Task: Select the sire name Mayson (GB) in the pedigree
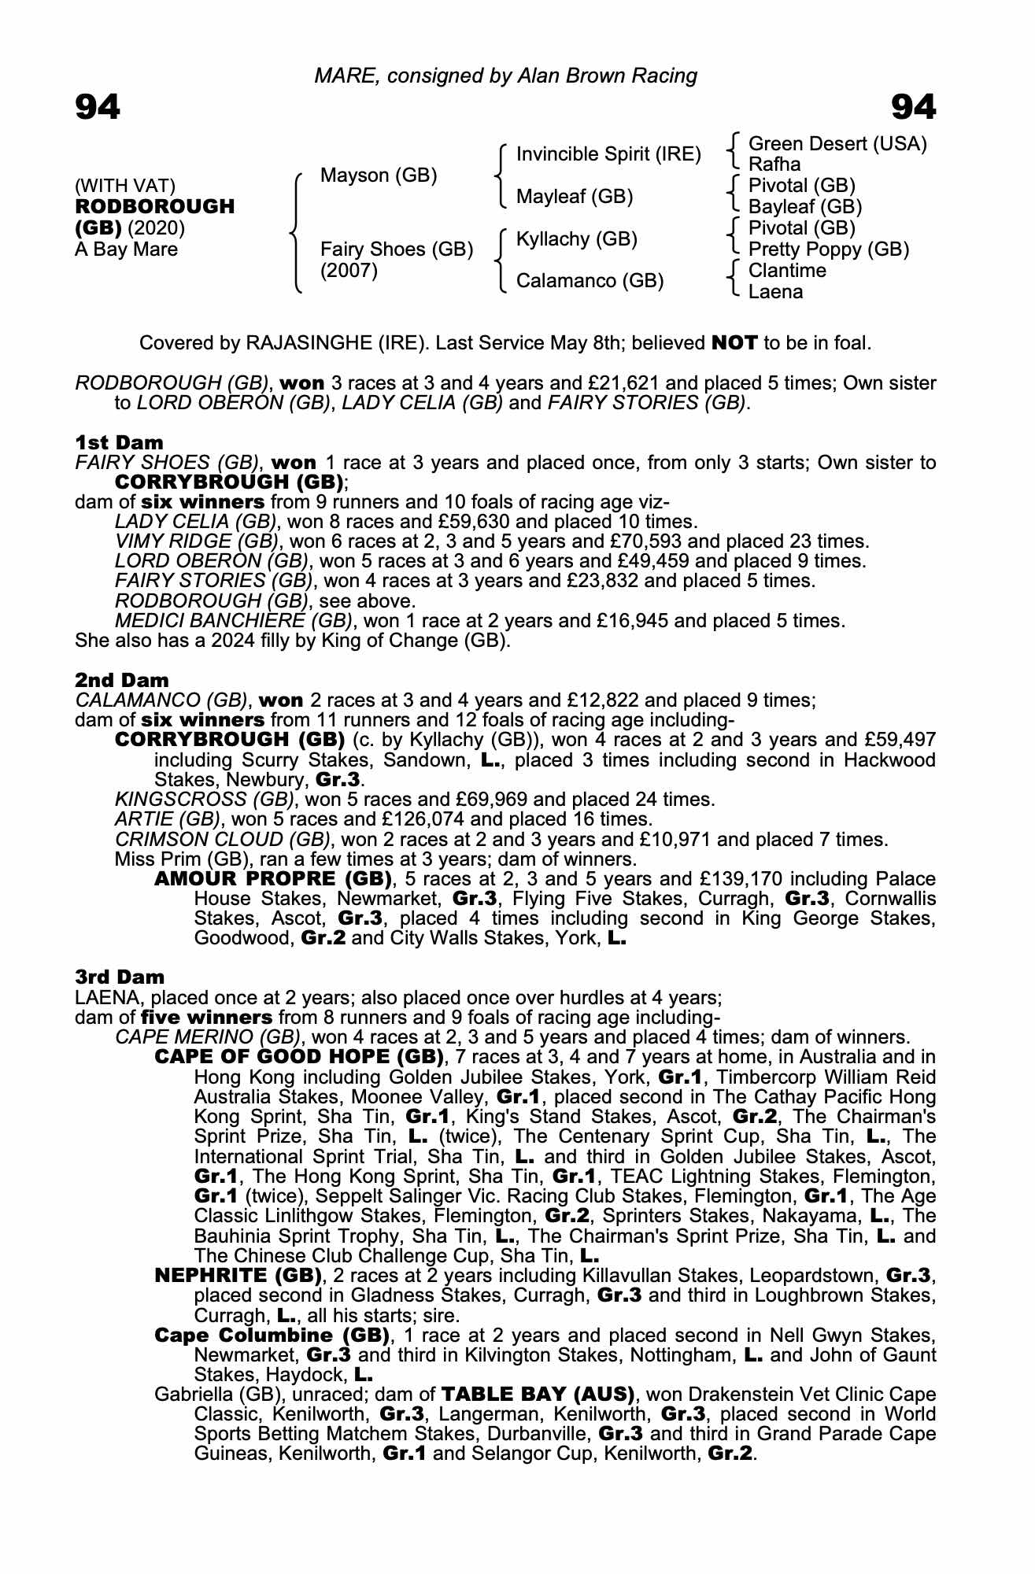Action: click(379, 175)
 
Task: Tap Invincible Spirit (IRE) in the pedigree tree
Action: click(608, 154)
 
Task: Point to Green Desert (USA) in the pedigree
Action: click(837, 144)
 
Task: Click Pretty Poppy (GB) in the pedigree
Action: click(828, 249)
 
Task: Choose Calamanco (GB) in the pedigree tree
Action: click(590, 281)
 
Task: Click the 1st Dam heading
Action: click(120, 442)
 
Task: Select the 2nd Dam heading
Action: click(122, 680)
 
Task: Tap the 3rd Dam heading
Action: click(120, 977)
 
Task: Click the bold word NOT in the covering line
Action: click(734, 343)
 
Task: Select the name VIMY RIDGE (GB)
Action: click(196, 541)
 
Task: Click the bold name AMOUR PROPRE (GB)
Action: click(272, 878)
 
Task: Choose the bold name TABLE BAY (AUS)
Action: click(538, 1394)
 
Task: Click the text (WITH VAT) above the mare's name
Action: click(125, 186)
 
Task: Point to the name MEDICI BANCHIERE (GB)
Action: click(232, 620)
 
